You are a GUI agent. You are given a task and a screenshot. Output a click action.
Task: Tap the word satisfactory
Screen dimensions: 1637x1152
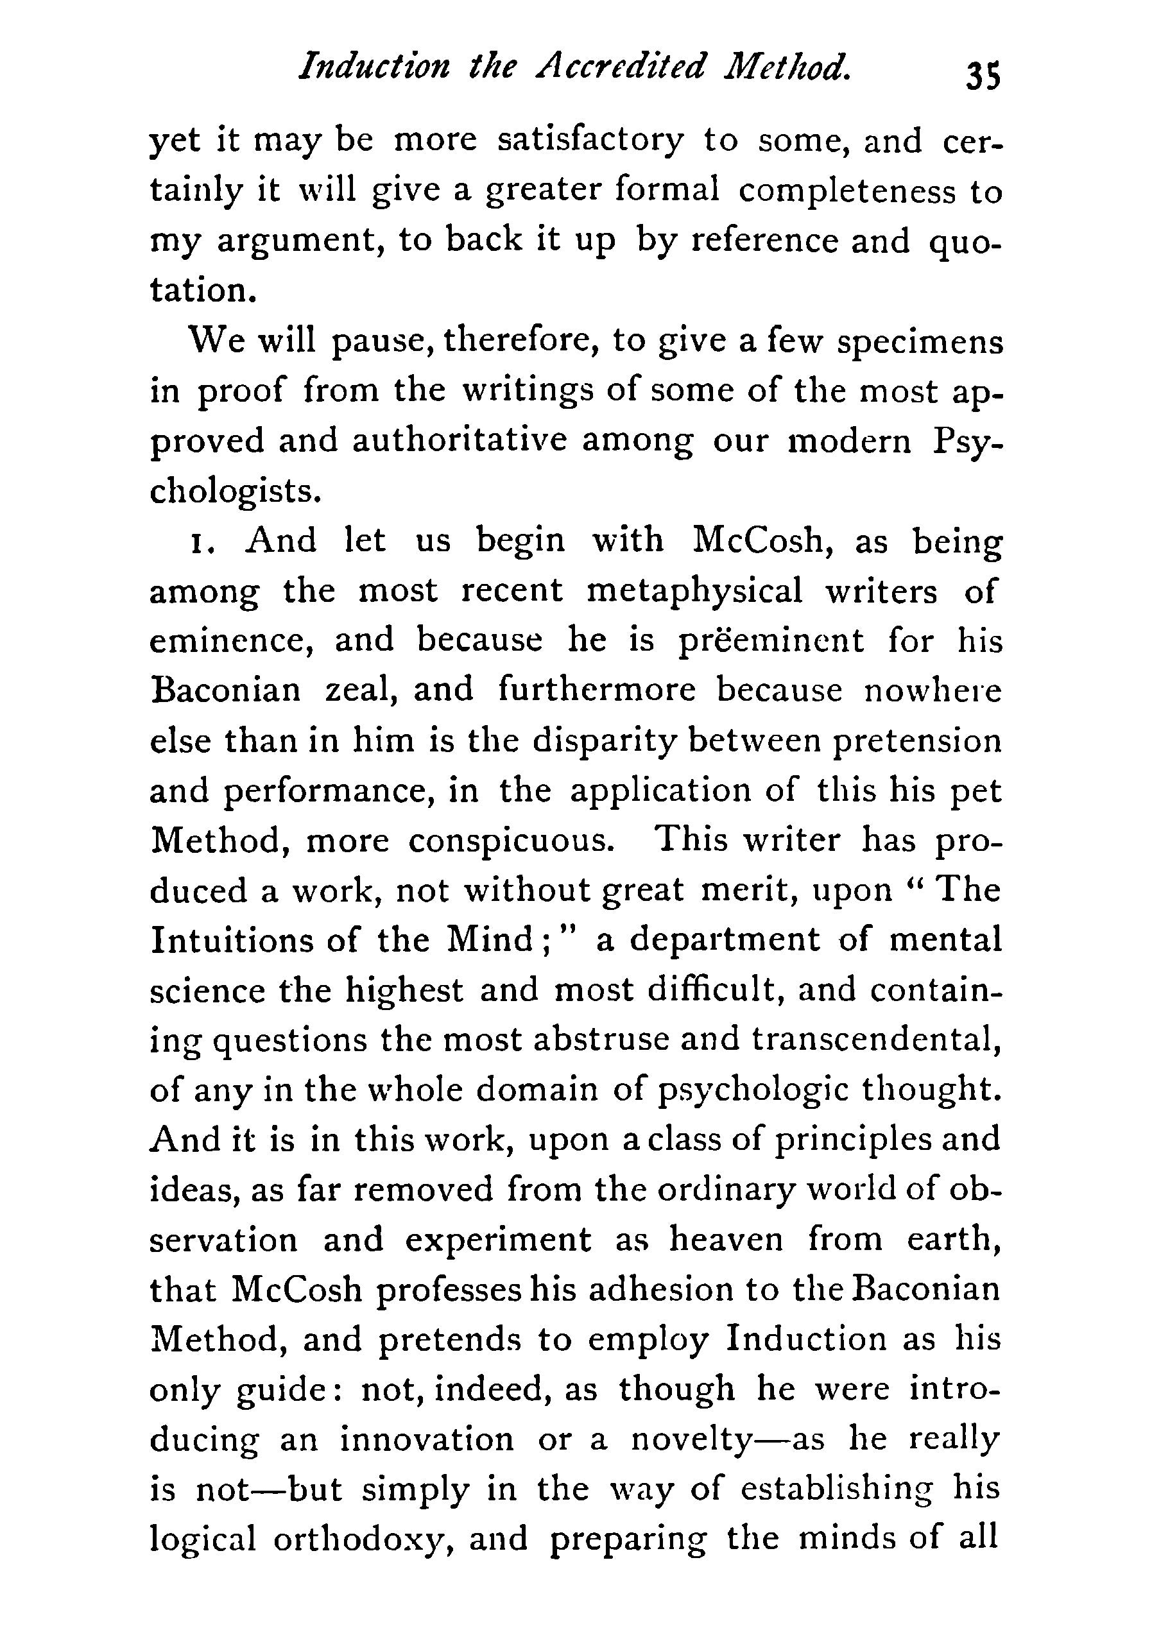coord(590,140)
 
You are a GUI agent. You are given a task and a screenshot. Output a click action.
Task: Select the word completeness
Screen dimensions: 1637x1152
coord(846,191)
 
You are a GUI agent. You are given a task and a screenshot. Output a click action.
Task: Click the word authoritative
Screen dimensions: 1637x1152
coord(459,441)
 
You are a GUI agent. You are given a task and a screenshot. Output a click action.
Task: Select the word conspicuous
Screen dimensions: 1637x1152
coord(511,841)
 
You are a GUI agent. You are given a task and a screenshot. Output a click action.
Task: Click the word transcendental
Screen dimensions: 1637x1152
coord(876,1040)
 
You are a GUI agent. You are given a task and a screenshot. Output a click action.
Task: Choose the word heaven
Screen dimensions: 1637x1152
coord(726,1240)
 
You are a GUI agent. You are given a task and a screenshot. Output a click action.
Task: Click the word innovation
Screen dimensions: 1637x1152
coord(426,1439)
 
